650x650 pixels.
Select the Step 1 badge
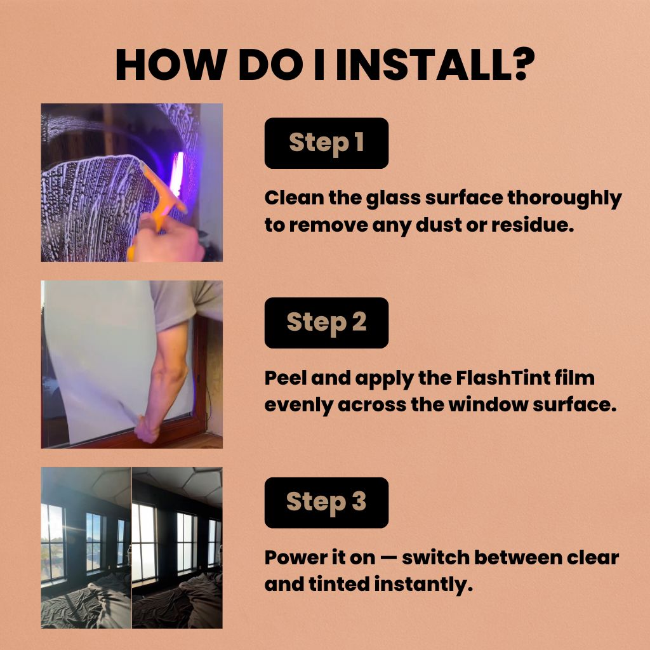click(326, 143)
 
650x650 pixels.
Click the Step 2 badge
click(326, 322)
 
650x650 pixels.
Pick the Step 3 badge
click(326, 503)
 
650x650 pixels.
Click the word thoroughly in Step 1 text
click(564, 199)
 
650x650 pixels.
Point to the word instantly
click(423, 585)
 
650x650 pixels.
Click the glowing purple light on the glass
click(177, 173)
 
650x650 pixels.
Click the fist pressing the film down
click(147, 430)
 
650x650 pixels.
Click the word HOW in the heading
click(171, 65)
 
